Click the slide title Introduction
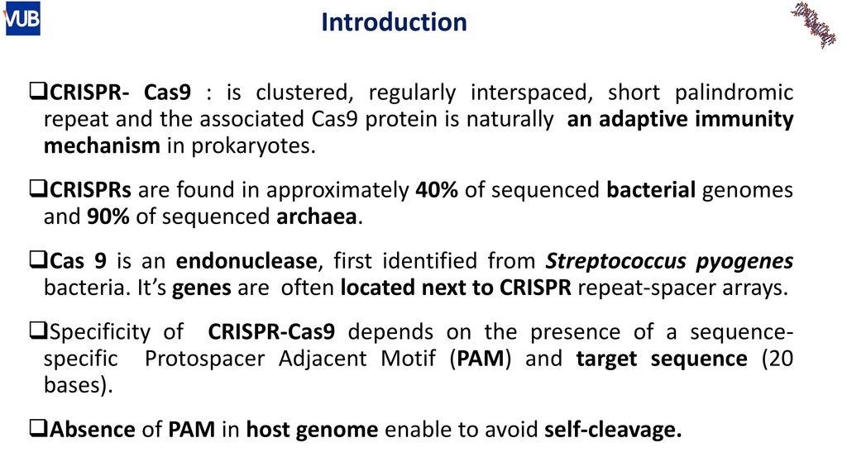(x=394, y=22)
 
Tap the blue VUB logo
(x=22, y=18)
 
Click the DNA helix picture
(x=814, y=24)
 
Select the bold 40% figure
(x=437, y=190)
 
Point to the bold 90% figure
(x=108, y=217)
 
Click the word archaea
(x=317, y=217)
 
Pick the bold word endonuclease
(x=246, y=260)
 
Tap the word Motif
(x=408, y=359)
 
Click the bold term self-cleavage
(x=613, y=430)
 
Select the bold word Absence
(x=93, y=430)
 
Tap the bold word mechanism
(x=102, y=145)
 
